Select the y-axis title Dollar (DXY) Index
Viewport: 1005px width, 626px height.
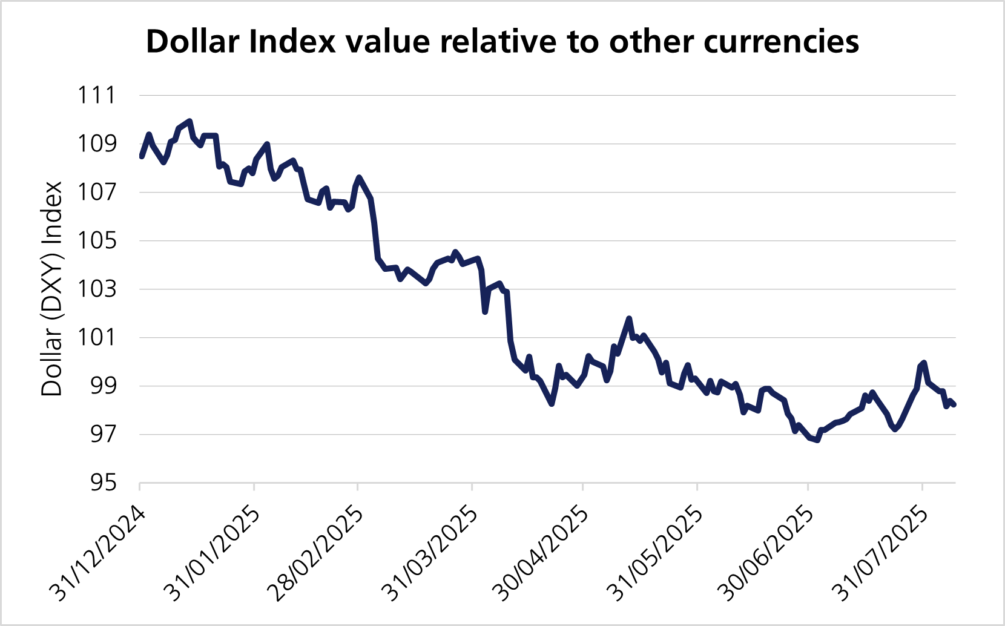point(52,289)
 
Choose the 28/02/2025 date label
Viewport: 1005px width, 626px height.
point(317,554)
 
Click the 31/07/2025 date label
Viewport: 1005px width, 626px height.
point(881,554)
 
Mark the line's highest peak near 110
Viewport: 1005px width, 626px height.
point(189,121)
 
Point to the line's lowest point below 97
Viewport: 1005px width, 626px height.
point(817,440)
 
